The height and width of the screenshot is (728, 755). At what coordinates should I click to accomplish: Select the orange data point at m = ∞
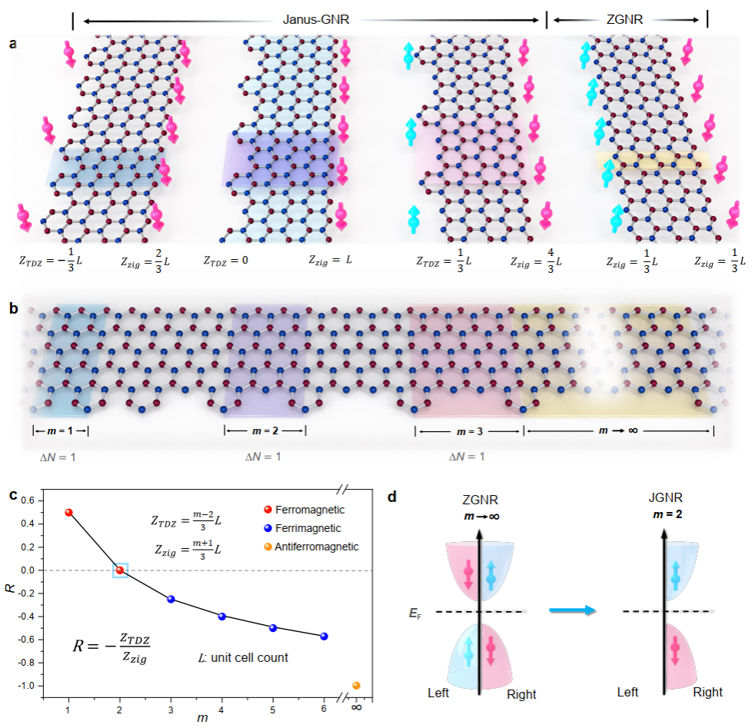[x=356, y=686]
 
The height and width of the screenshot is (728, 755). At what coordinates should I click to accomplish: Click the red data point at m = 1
[x=68, y=513]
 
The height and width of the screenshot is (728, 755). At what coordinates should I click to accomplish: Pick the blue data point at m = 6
[x=324, y=636]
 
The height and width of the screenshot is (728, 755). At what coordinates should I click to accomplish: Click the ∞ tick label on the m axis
[x=356, y=708]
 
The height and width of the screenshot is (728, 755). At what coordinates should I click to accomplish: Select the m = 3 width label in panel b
[x=468, y=431]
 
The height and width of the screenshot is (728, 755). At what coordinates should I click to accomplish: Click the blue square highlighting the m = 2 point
[x=120, y=570]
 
